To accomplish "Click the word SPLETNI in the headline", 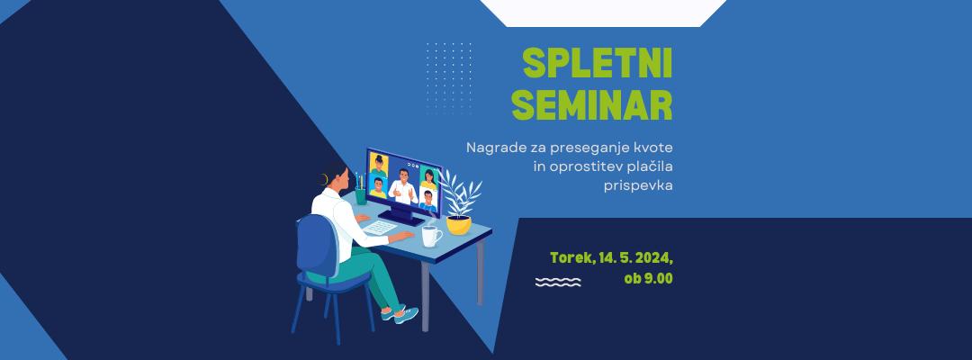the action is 597,63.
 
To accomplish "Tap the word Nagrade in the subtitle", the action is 491,148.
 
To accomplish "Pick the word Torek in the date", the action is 569,257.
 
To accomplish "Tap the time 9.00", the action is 658,278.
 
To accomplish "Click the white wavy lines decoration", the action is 558,282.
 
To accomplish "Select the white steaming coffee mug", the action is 431,236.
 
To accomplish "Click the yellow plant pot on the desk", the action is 459,224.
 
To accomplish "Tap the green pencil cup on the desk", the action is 361,196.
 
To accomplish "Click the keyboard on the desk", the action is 380,228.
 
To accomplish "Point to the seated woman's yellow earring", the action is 323,179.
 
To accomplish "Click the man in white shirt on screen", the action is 403,186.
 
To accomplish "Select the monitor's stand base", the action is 401,217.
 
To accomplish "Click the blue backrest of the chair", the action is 318,246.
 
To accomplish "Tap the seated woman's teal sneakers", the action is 400,313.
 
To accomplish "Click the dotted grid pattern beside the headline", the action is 449,78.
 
